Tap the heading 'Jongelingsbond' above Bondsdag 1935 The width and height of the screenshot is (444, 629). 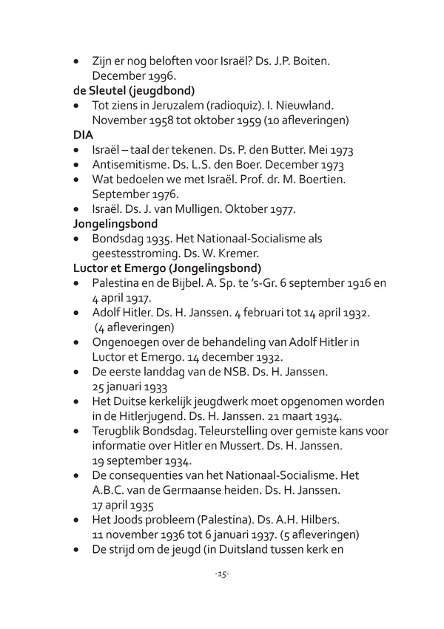click(118, 223)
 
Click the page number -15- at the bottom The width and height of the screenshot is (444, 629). click(222, 574)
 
